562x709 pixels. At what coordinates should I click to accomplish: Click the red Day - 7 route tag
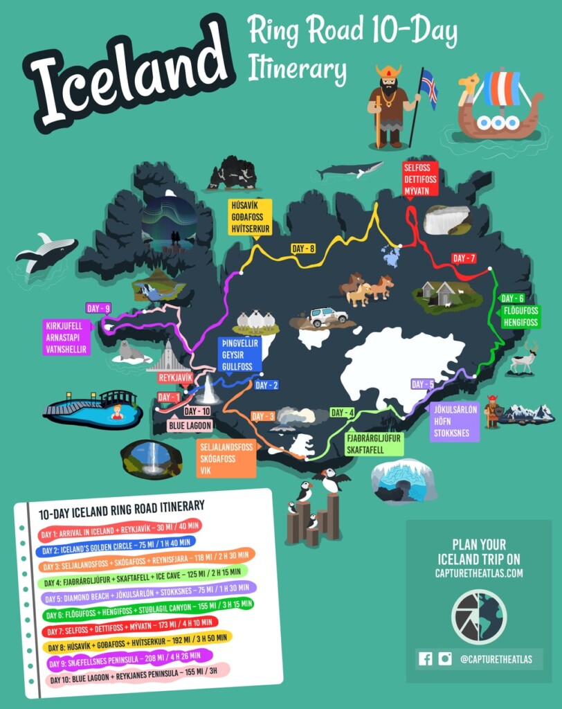tap(463, 258)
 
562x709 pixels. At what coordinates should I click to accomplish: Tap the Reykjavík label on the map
tap(175, 378)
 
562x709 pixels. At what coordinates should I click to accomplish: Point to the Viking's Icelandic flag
tap(428, 87)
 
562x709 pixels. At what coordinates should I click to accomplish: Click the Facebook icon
tap(426, 659)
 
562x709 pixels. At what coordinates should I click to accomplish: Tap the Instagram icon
tap(444, 659)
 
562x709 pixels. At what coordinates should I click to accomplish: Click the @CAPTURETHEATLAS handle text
tap(496, 659)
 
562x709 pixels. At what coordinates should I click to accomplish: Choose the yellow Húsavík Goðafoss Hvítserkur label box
tap(251, 217)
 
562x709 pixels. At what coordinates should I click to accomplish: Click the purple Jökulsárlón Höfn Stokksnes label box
tap(454, 421)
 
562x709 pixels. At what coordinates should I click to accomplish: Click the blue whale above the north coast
tap(350, 169)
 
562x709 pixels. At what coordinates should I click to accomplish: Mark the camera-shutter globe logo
tap(478, 616)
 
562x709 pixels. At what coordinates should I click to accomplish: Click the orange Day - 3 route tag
tap(263, 416)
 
